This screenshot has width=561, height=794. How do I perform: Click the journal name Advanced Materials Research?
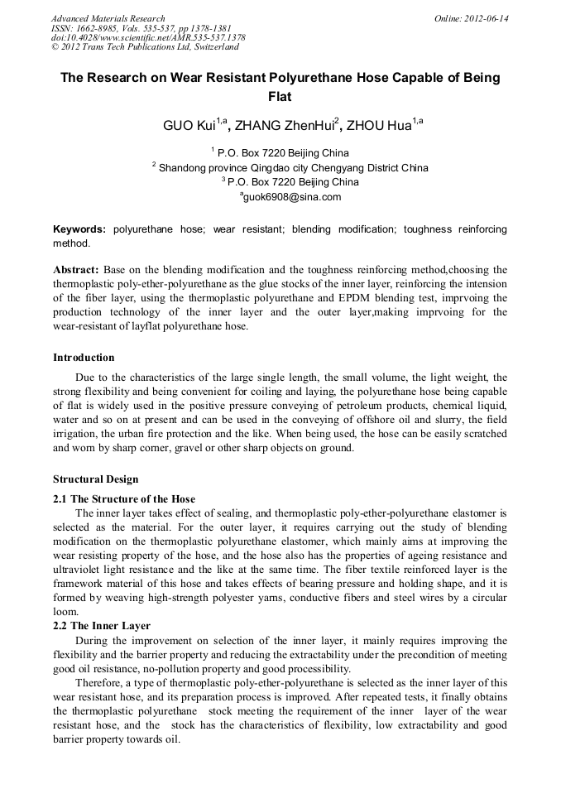[x=108, y=18]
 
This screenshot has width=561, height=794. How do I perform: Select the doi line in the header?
[x=147, y=38]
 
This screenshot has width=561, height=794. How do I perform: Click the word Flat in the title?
[x=280, y=96]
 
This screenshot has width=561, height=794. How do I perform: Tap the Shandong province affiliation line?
[x=293, y=167]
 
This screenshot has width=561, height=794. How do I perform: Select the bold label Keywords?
[x=79, y=229]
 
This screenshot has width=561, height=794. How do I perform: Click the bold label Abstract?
[x=76, y=270]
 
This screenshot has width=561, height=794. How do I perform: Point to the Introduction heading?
[x=84, y=358]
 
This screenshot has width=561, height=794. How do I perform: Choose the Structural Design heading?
[x=96, y=479]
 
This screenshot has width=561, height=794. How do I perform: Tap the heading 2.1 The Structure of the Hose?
[x=124, y=498]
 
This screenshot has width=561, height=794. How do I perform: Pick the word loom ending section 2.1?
[x=66, y=614]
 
